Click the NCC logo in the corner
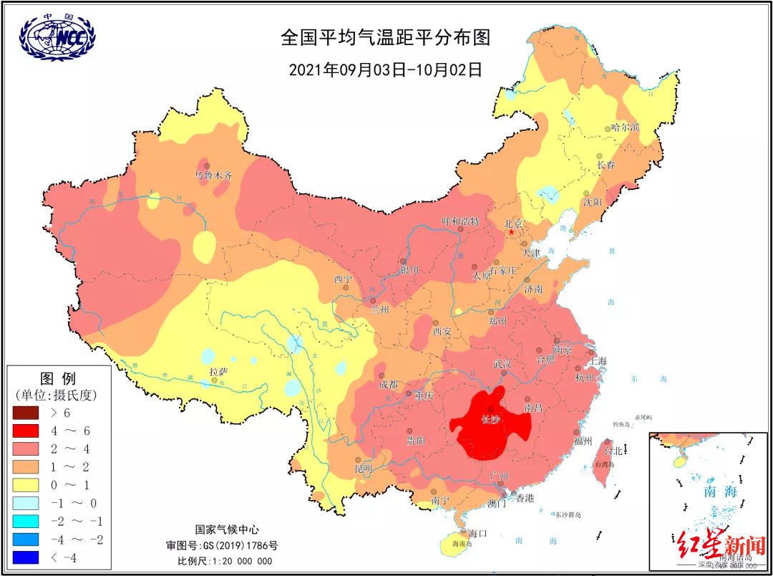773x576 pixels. pos(57,36)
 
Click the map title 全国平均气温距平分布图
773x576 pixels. pos(386,38)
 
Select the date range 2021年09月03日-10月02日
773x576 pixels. pos(386,70)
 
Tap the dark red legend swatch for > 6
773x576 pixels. pos(29,413)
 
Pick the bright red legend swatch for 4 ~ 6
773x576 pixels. pos(29,431)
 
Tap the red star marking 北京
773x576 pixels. pos(511,233)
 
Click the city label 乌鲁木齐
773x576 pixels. pos(213,175)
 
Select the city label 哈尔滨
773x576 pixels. pos(626,128)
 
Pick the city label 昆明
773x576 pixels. pos(364,468)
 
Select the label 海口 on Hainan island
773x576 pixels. pos(477,533)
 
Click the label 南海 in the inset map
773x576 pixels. pos(719,491)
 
